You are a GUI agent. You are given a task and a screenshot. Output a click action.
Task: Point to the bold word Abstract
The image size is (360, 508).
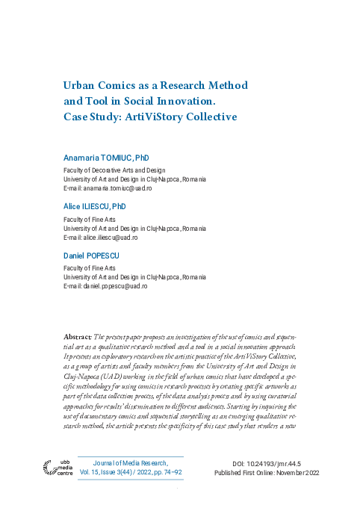pos(78,338)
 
